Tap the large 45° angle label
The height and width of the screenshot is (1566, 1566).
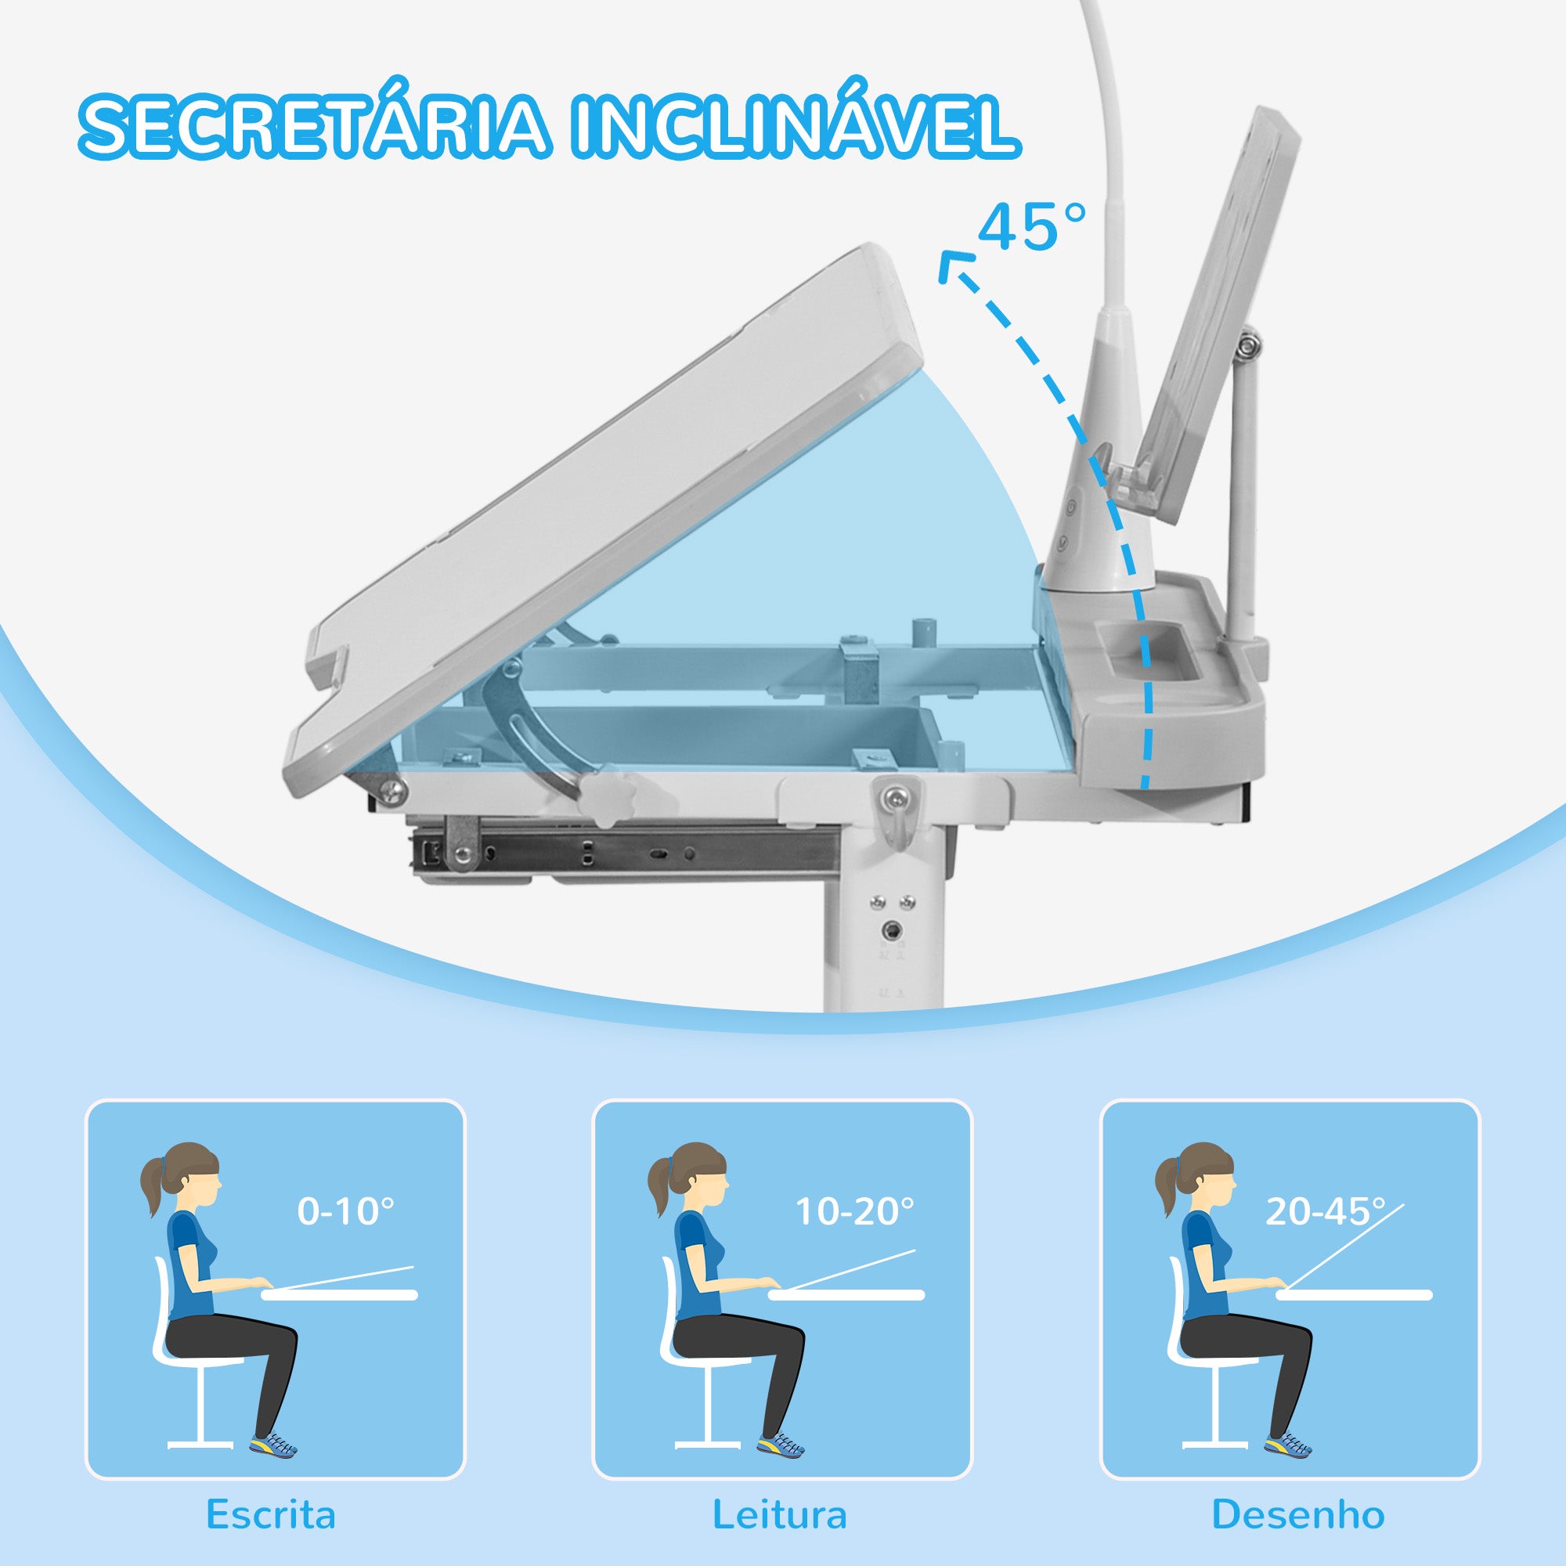point(1032,227)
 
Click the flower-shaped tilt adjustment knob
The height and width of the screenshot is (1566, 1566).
point(608,800)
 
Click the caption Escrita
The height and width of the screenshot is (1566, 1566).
point(271,1514)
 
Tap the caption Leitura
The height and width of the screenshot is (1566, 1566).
point(780,1514)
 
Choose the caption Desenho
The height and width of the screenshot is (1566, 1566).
point(1298,1514)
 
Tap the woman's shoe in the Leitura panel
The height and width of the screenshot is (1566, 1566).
point(781,1445)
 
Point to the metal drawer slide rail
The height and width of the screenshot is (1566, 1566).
point(624,849)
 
